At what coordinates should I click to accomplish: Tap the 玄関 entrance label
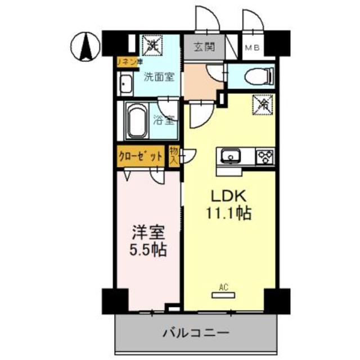[x=205, y=47]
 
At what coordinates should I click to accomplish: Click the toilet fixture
[x=260, y=75]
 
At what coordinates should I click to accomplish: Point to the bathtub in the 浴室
[x=135, y=120]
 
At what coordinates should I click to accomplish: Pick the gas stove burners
[x=265, y=156]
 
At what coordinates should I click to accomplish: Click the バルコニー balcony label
[x=196, y=332]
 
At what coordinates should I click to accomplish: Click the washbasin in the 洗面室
[x=125, y=86]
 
